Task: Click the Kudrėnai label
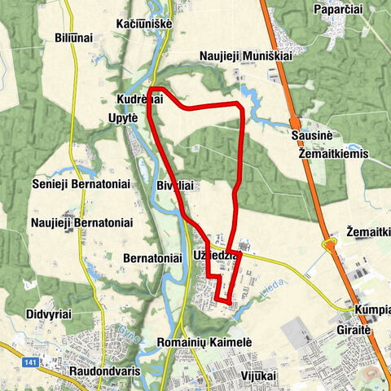point(140,99)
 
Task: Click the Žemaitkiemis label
point(333,153)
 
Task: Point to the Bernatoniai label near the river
point(152,257)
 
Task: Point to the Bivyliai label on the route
point(176,186)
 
